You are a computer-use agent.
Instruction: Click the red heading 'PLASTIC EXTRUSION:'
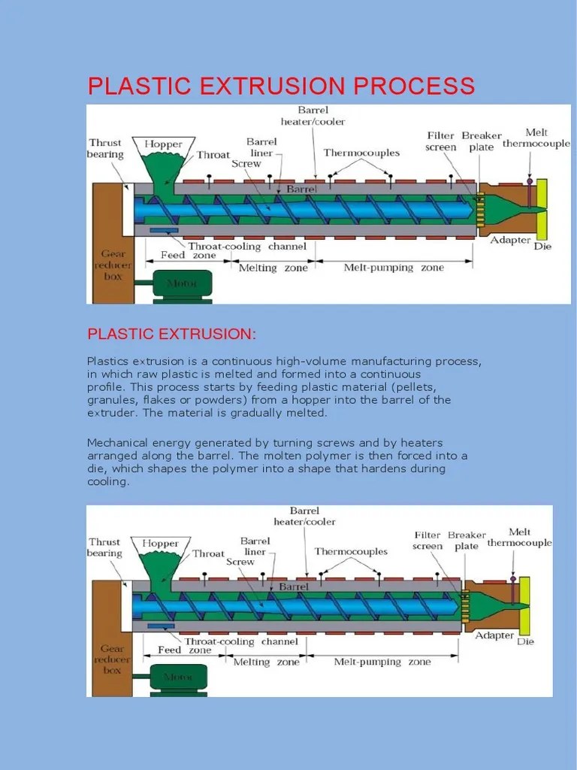tap(172, 333)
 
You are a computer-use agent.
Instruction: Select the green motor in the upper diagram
tap(183, 284)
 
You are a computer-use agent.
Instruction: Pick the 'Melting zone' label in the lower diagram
tap(265, 662)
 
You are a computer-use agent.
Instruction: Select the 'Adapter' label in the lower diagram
tap(494, 635)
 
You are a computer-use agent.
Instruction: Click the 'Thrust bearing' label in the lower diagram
tap(104, 547)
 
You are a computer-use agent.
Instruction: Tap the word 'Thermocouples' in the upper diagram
tap(361, 153)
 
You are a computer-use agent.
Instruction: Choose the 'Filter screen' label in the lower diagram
tap(427, 541)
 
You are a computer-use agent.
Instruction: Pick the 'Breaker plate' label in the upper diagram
tap(482, 141)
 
